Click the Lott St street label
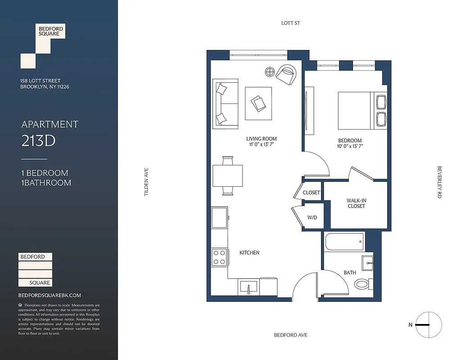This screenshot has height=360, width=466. click(290, 23)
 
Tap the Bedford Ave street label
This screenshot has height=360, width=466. click(291, 335)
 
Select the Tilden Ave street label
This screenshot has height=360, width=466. click(146, 182)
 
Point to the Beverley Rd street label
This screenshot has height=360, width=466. click(439, 182)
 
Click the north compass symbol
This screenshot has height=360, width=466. click(428, 324)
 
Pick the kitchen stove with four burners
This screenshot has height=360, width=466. click(219, 258)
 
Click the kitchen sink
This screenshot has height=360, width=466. click(249, 286)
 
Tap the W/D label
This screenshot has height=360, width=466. click(312, 218)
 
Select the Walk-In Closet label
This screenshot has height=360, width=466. click(356, 203)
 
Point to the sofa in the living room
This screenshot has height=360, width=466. click(225, 104)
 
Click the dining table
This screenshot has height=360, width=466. click(228, 175)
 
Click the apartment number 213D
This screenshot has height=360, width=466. click(38, 141)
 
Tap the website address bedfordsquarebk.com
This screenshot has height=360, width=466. click(50, 296)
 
